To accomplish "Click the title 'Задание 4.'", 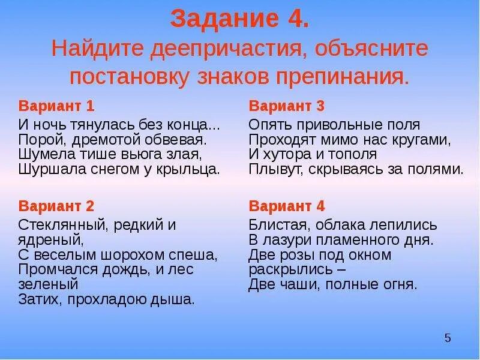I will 240,19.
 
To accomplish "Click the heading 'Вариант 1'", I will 56,107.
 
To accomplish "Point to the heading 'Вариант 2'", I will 56,206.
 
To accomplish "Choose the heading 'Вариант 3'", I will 286,107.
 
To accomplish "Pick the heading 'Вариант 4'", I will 286,206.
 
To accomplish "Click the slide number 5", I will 447,338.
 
